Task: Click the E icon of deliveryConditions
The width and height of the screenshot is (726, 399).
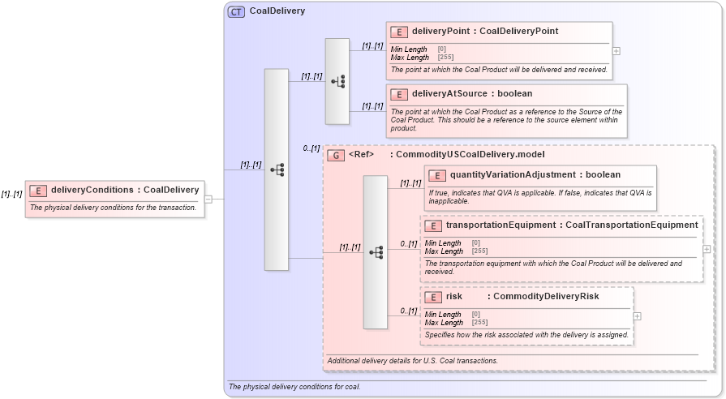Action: [37, 191]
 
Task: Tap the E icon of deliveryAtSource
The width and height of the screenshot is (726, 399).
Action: [398, 94]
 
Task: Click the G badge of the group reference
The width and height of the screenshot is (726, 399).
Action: [334, 154]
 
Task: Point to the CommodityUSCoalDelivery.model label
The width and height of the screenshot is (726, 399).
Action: [470, 154]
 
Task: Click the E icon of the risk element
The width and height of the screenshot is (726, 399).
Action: [433, 297]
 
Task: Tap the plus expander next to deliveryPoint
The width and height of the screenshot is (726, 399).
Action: [616, 50]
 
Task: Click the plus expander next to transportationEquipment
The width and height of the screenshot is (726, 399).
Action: [707, 249]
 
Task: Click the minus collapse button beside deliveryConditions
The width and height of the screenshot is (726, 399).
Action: [208, 199]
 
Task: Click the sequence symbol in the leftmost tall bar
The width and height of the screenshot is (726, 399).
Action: [277, 169]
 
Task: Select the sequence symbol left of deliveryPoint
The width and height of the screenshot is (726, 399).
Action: [337, 81]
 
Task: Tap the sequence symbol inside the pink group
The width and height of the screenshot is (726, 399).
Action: [376, 252]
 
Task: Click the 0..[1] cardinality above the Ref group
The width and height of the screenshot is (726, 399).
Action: [311, 148]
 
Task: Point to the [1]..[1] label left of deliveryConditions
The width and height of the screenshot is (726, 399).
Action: [11, 194]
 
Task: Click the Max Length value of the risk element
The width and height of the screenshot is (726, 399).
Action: [476, 323]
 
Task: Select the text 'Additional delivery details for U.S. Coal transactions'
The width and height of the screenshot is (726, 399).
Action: [412, 360]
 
